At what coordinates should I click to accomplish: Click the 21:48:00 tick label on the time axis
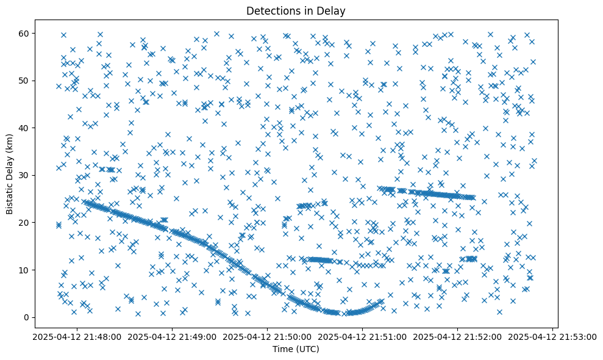point(77,336)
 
